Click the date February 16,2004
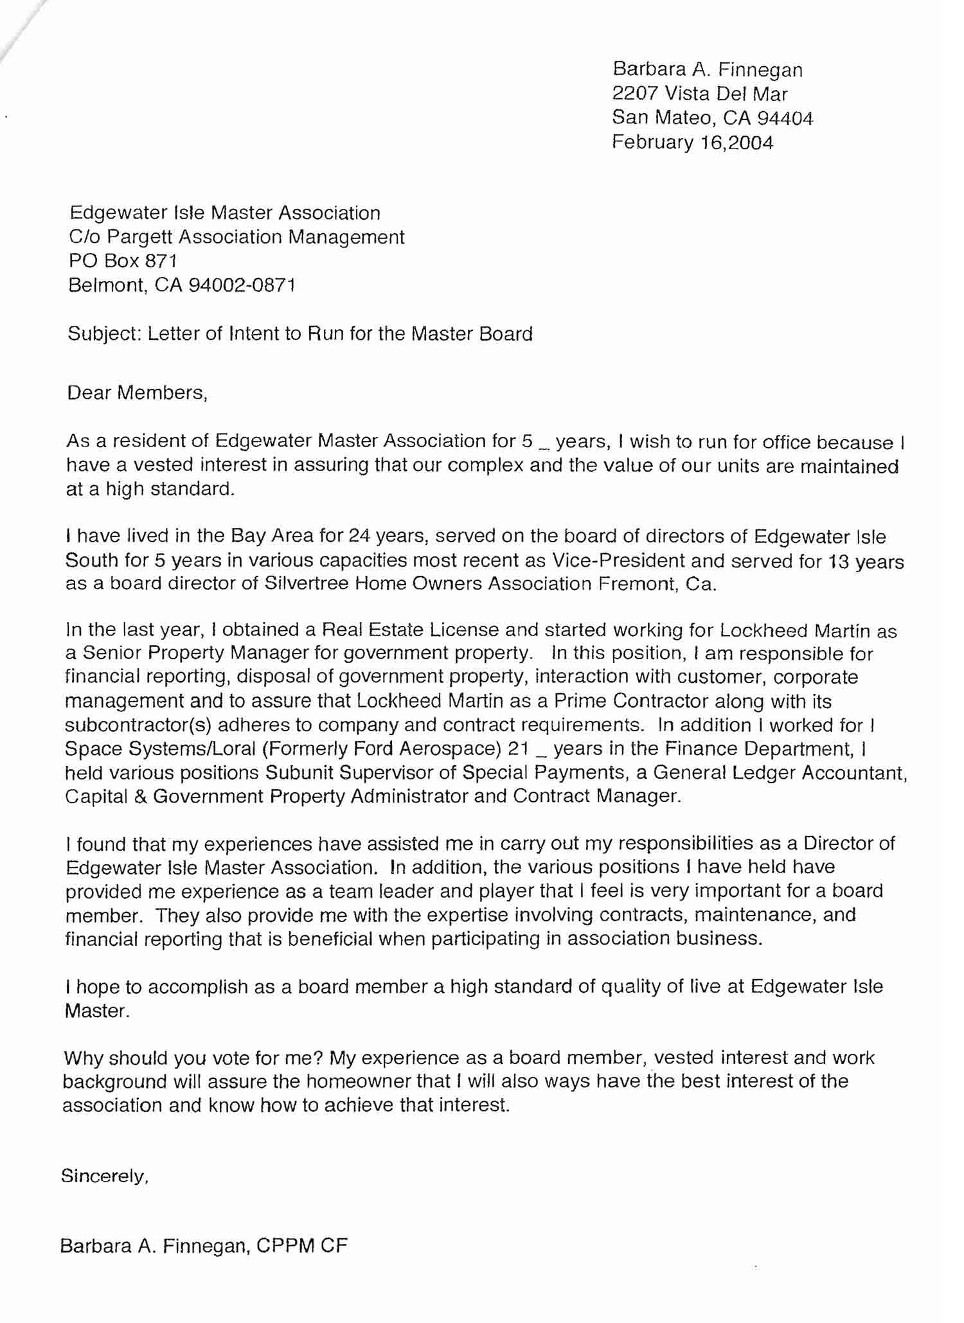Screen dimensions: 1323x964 tap(692, 142)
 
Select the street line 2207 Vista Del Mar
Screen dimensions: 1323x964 tap(699, 94)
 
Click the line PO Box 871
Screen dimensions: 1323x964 tap(123, 260)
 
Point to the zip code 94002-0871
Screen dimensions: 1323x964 tap(242, 285)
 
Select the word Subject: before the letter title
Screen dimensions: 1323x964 tap(104, 334)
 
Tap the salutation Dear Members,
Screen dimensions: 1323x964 tap(138, 393)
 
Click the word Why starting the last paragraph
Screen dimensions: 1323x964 tap(84, 1058)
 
